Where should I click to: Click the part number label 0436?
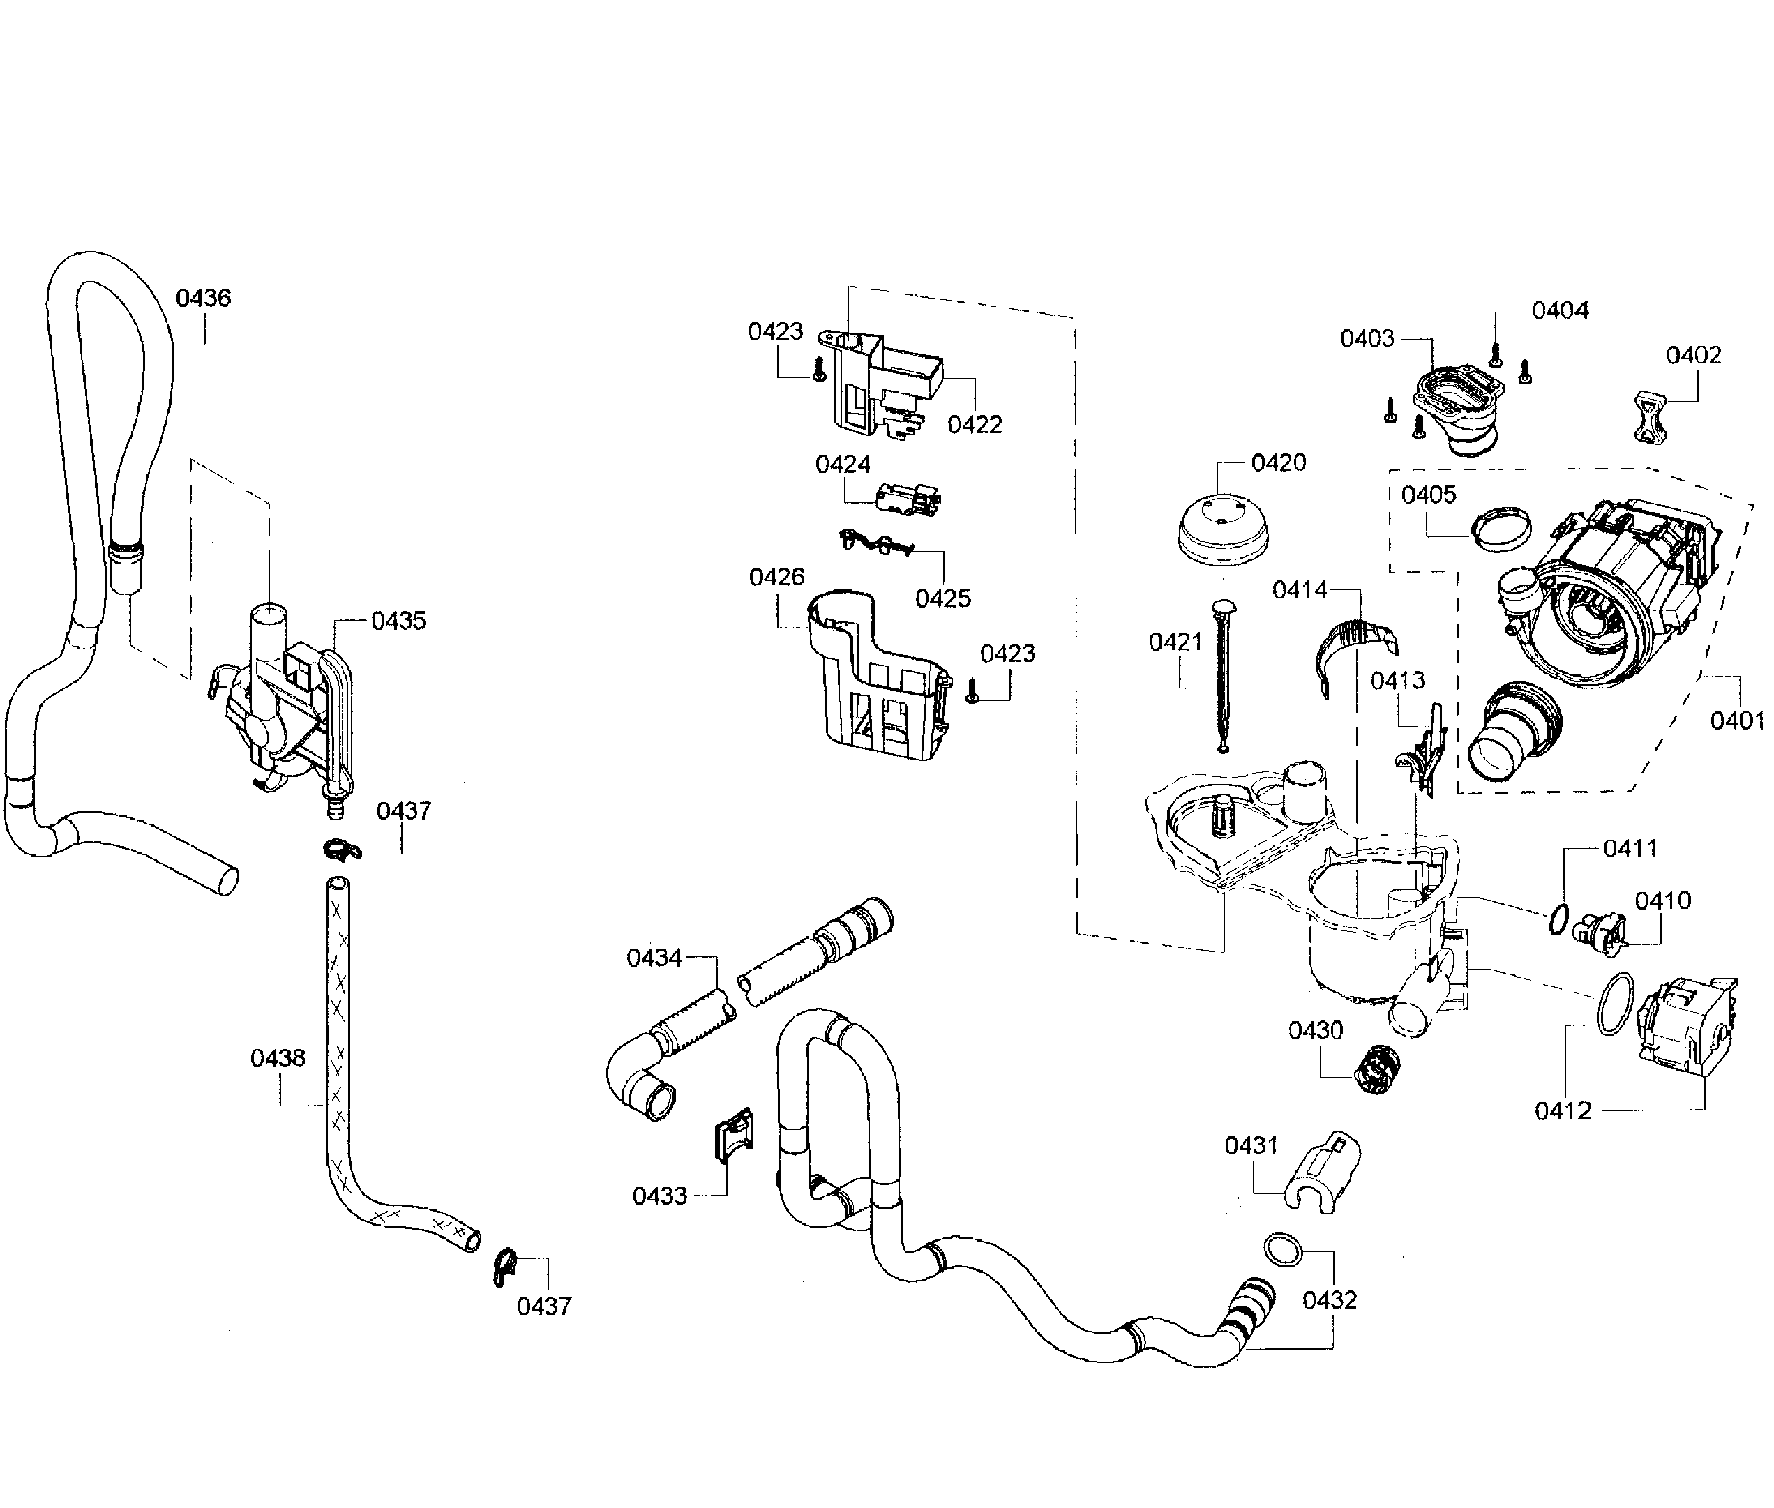coord(204,298)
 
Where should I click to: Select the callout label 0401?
coord(1736,721)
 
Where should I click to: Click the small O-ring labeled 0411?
coord(1558,921)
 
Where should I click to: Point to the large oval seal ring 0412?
coord(1614,1004)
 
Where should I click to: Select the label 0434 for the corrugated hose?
coord(654,958)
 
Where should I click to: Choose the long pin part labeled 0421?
coord(1221,675)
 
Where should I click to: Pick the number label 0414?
coord(1300,590)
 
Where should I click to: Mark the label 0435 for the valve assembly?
coord(398,621)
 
